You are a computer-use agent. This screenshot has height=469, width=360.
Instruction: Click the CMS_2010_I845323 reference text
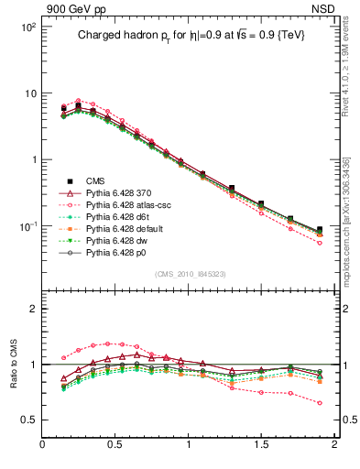coord(191,272)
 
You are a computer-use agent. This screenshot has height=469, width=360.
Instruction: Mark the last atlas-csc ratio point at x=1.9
coord(320,402)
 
